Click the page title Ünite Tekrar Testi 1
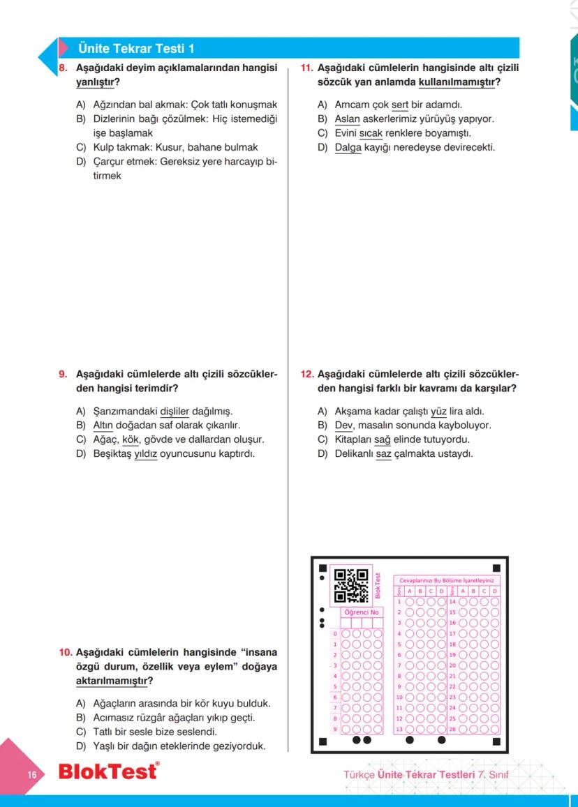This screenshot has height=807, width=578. (137, 48)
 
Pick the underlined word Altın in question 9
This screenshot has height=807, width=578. (103, 425)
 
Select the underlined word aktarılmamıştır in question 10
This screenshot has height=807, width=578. (112, 681)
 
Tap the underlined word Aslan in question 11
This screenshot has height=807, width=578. (347, 118)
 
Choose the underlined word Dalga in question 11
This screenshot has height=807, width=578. (348, 147)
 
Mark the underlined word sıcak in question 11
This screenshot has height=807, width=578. (371, 133)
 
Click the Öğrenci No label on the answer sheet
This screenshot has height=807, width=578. (362, 612)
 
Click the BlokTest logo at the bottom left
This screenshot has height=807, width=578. (108, 773)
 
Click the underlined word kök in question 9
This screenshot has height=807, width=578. (131, 439)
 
